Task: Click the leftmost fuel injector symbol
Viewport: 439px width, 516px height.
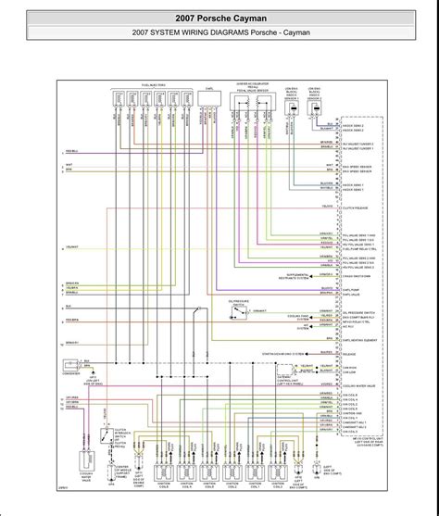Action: click(119, 100)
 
